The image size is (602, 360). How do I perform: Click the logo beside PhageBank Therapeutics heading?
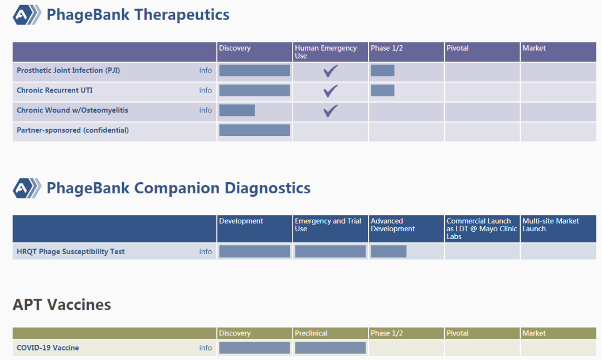(27, 15)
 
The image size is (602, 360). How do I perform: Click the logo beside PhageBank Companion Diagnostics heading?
(27, 188)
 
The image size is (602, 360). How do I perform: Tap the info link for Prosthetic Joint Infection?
(205, 71)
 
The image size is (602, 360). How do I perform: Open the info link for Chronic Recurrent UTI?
(205, 91)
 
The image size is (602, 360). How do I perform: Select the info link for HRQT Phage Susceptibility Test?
(205, 252)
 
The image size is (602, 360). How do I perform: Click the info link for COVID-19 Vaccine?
(205, 348)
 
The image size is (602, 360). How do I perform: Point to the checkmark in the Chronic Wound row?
(330, 110)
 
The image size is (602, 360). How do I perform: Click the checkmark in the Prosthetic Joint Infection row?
(330, 71)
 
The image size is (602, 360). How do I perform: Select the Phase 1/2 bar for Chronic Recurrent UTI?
(382, 91)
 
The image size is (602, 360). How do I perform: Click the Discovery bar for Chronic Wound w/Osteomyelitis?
(237, 110)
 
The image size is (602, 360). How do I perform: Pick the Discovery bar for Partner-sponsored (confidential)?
(255, 130)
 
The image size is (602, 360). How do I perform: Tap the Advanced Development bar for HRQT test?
(389, 251)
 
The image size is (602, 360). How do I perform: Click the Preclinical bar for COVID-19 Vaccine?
(330, 348)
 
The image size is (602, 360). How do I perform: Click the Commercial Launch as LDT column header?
(482, 228)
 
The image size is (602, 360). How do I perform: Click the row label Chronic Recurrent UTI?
(55, 91)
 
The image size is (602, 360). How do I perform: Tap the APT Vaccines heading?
(62, 305)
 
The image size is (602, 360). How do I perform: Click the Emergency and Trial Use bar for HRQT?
(330, 251)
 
